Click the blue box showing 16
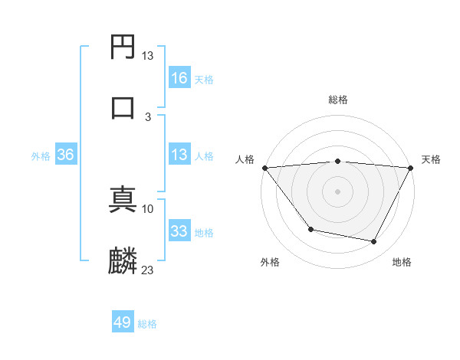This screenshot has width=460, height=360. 179,78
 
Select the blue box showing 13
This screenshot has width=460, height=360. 179,155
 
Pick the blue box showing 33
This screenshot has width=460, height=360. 179,231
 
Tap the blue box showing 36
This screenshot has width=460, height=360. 66,155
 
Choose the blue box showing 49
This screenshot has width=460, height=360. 123,322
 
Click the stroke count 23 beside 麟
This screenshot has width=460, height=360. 148,270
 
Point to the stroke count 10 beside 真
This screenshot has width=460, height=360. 148,208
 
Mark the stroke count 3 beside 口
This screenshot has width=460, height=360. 148,116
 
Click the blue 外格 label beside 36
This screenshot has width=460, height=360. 41,156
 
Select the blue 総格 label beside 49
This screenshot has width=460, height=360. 147,324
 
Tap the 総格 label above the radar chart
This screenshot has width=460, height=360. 338,100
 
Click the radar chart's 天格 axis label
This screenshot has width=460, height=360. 431,159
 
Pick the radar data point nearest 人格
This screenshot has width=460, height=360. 264,168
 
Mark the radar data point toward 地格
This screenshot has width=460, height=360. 374,242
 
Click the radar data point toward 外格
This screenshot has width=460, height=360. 310,229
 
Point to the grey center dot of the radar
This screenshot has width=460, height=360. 337,191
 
